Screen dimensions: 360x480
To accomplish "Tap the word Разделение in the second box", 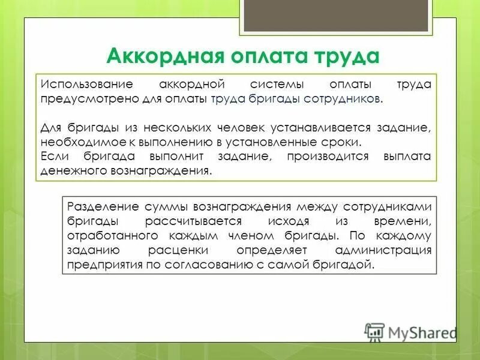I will pyautogui.click(x=103, y=206).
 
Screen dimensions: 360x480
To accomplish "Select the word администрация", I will pyautogui.click(x=382, y=250).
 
